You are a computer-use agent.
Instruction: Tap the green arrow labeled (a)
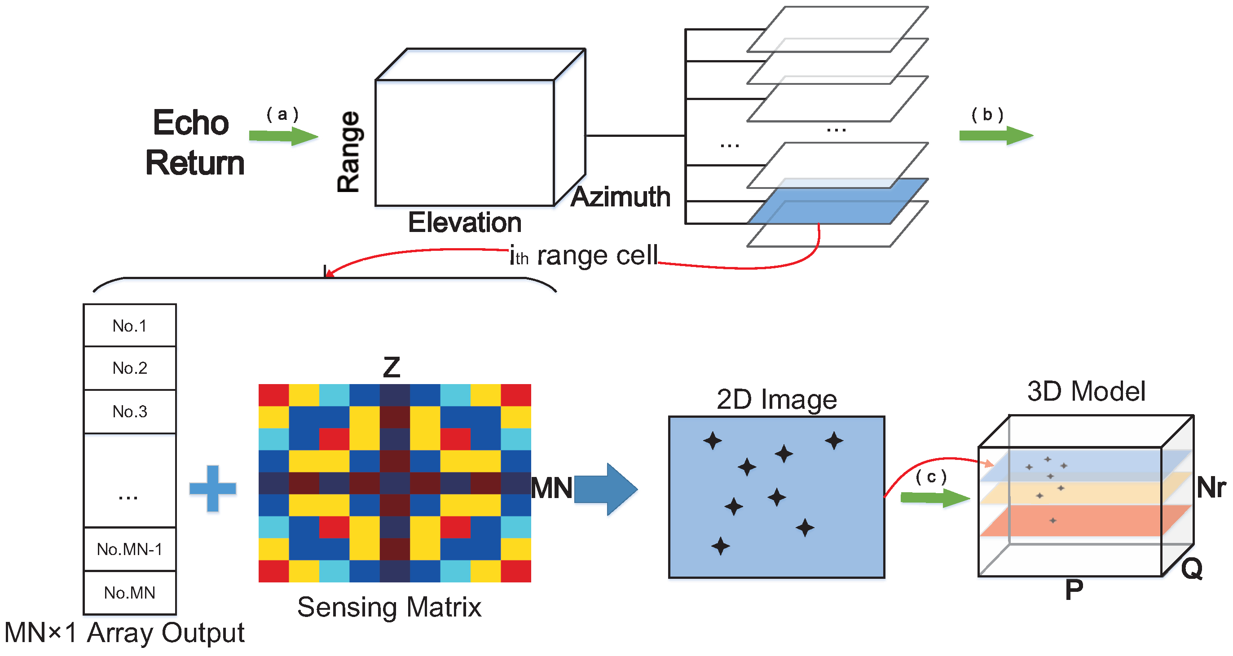[283, 136]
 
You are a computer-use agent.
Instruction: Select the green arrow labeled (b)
[995, 136]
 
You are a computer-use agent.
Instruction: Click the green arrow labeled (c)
[934, 498]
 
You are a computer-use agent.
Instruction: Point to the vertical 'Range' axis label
[348, 152]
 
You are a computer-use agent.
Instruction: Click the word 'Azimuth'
[621, 197]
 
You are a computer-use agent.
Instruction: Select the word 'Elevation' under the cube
[464, 223]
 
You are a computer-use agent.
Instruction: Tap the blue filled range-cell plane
[837, 201]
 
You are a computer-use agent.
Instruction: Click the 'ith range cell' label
[584, 255]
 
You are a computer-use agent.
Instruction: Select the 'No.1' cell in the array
[130, 326]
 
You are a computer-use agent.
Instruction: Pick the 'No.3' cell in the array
[130, 411]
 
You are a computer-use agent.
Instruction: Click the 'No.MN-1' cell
[130, 549]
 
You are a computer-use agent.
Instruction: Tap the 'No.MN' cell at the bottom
[130, 593]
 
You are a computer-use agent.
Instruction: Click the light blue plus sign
[213, 488]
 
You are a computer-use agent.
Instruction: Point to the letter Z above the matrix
[392, 367]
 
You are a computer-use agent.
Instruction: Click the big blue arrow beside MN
[605, 489]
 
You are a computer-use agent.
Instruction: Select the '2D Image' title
[776, 399]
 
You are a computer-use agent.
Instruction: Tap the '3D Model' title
[1086, 391]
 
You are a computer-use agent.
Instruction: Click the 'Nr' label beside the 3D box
[1211, 488]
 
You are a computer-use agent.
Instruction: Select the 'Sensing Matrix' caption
[389, 607]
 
